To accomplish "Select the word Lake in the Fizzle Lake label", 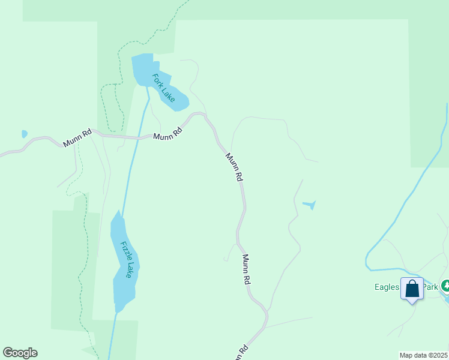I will tap(129, 270).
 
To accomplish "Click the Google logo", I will tap(20, 353).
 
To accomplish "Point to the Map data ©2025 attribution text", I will tap(424, 355).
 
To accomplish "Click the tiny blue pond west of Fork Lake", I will tap(24, 134).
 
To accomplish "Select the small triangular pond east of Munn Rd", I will tap(309, 205).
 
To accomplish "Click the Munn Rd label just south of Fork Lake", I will tap(167, 133).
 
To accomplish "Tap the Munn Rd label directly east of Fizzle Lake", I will tap(246, 269).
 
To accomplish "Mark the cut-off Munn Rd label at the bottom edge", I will tap(240, 353).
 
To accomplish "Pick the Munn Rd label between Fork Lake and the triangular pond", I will tap(234, 167).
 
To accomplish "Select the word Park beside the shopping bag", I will tap(430, 287).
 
